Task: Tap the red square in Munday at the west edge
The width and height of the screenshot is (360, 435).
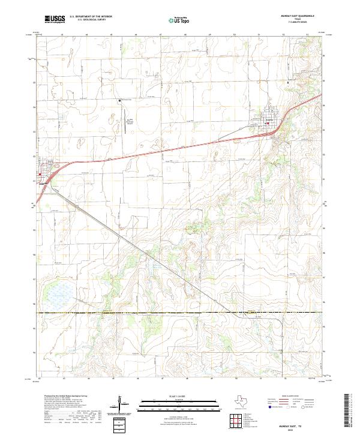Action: [40, 175]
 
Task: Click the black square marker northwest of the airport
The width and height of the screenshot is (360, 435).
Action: [120, 100]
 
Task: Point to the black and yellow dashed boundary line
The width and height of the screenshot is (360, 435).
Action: [180, 313]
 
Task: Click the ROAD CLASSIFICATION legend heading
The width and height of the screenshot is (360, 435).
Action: [292, 397]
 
